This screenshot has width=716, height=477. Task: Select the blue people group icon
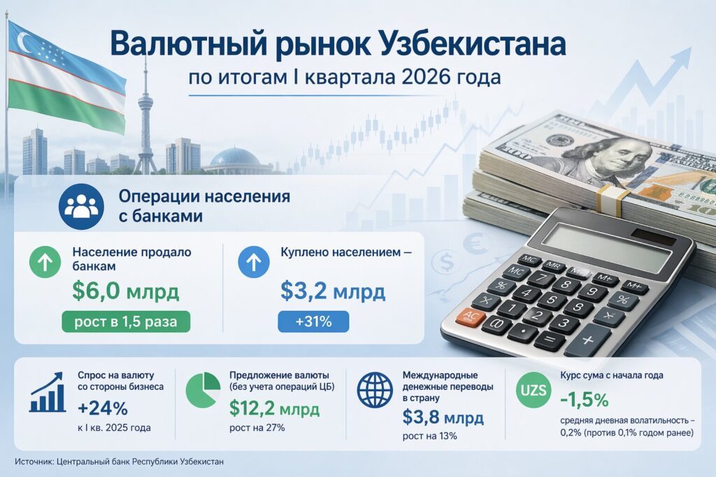(81, 207)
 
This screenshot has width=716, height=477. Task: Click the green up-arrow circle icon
(45, 262)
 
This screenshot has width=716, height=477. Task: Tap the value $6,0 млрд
(126, 292)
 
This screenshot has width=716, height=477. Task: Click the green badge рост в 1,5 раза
(126, 321)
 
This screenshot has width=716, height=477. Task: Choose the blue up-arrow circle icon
(254, 262)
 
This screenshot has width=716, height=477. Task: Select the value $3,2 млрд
(333, 291)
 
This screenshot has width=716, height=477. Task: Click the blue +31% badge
(313, 321)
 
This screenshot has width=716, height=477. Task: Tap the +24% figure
(103, 409)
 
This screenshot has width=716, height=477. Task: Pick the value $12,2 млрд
(274, 409)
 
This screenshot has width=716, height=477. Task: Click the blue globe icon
(375, 390)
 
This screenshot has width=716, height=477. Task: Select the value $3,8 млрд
(443, 417)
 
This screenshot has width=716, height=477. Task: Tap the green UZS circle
(534, 390)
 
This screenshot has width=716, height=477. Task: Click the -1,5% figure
(585, 400)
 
